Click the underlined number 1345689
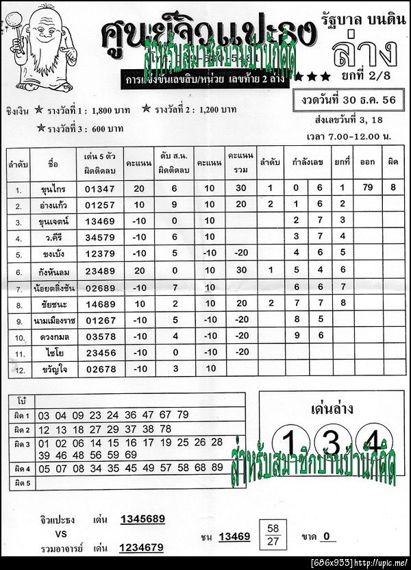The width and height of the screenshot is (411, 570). (142, 519)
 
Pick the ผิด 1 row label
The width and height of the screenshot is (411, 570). (22, 416)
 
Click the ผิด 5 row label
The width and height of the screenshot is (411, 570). (22, 484)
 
